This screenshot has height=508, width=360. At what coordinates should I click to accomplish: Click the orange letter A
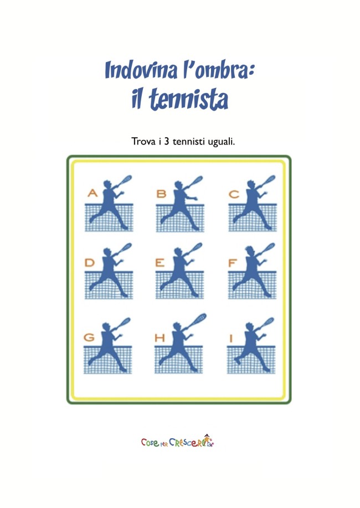click(92, 193)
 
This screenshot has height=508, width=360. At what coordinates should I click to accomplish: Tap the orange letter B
click(161, 194)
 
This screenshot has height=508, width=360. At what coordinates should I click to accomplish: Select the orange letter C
click(234, 194)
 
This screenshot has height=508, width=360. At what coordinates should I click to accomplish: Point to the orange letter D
click(90, 262)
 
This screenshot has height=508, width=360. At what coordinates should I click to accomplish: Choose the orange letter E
click(160, 262)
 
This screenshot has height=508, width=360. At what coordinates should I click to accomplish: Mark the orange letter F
click(232, 263)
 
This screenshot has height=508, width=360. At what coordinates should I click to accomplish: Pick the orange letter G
click(89, 337)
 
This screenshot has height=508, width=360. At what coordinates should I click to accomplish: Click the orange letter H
click(160, 338)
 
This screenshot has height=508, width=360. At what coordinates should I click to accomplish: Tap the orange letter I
click(231, 339)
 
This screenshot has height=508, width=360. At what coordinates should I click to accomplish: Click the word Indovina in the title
click(142, 69)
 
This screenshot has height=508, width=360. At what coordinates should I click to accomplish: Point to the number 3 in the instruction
click(166, 142)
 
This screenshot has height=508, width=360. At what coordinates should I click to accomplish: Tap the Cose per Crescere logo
click(178, 441)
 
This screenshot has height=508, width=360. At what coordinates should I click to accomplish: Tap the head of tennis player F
click(249, 251)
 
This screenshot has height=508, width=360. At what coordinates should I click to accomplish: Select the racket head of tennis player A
click(126, 179)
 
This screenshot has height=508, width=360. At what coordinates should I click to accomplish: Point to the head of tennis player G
click(107, 326)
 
